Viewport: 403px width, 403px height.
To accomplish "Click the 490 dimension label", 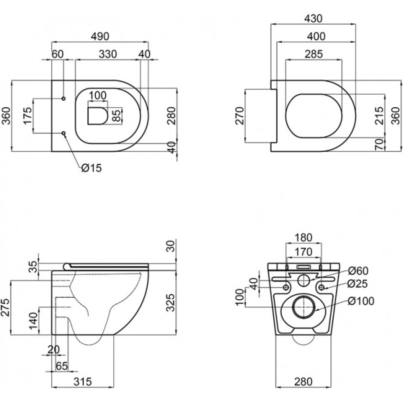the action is tap(100, 36).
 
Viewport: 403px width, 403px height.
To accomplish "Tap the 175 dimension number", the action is tap(28, 116).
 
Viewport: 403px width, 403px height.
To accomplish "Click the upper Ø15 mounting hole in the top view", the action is tap(64, 98).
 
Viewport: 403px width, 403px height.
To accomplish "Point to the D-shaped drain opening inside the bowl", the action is tap(98, 116).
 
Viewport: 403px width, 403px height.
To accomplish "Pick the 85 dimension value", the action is tap(116, 116).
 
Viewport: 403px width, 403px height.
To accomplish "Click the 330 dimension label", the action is tap(108, 54).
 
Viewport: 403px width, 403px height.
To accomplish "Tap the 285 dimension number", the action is tap(314, 54).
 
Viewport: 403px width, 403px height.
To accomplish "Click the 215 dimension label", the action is tap(379, 116).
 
